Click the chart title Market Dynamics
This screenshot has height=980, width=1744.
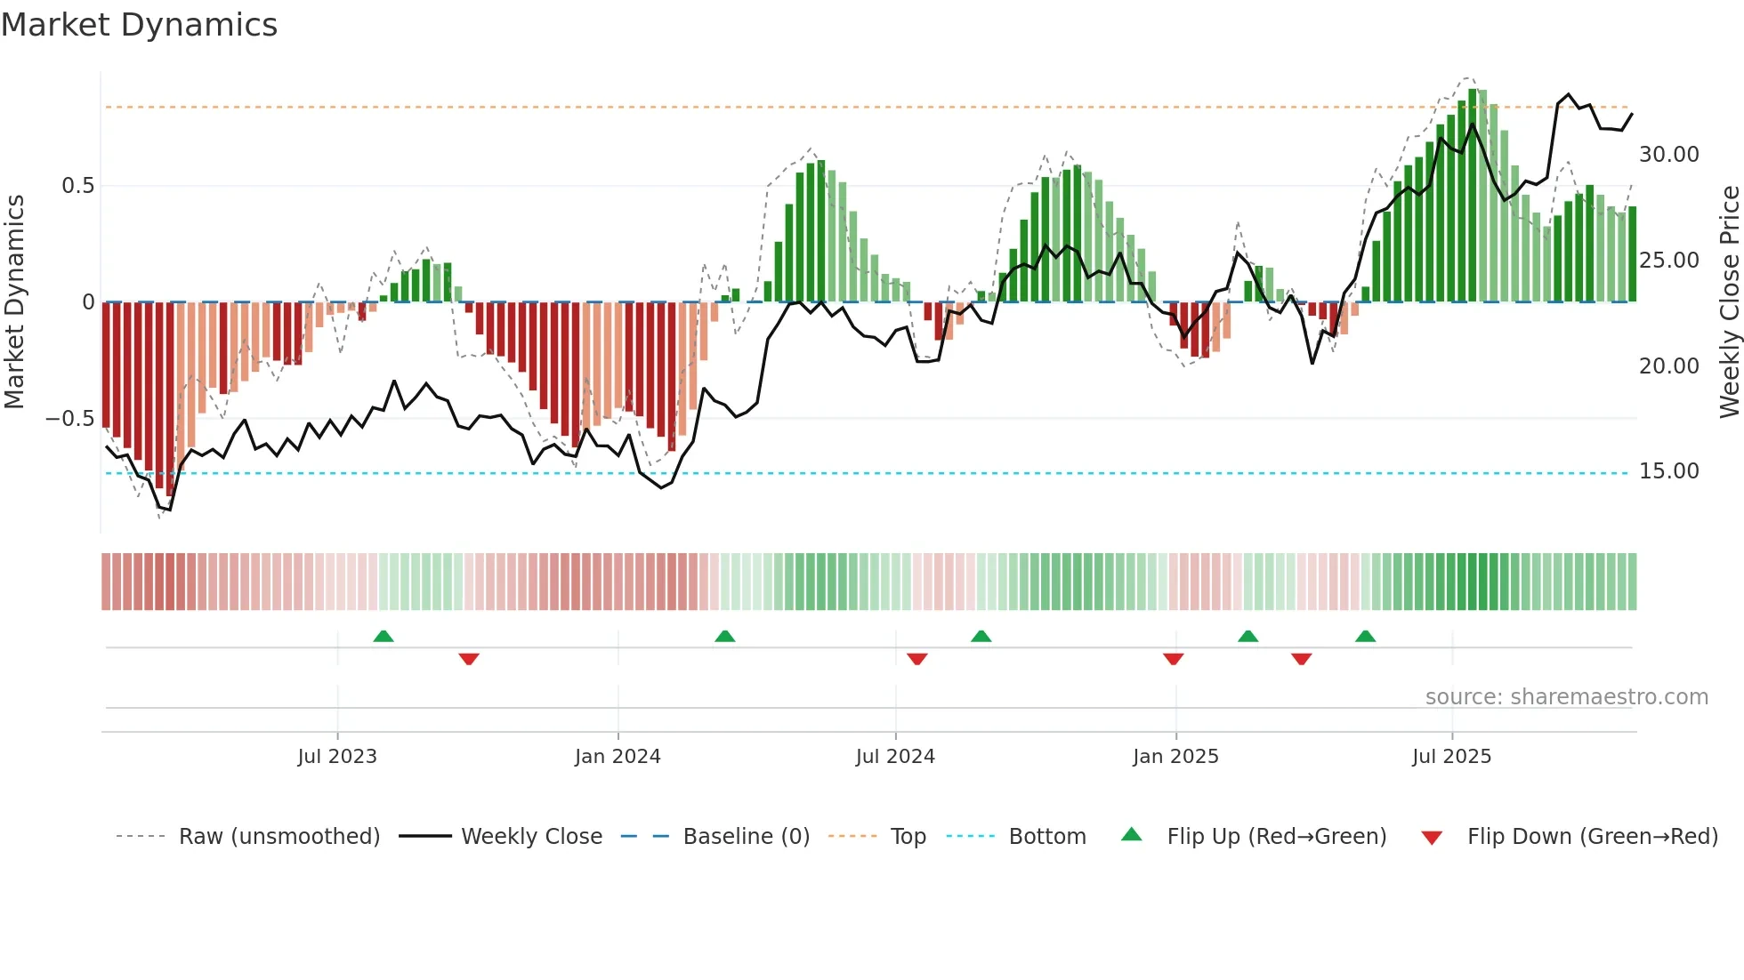[140, 25]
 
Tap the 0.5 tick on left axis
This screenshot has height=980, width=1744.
[77, 186]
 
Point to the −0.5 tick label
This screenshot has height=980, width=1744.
[69, 419]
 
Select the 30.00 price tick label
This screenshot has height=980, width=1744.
[1668, 155]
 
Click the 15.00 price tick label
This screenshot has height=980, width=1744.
[1668, 471]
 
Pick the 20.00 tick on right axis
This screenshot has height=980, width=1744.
[1668, 366]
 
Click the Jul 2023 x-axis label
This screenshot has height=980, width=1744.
[337, 757]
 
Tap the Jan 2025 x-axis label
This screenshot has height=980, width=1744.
[1175, 757]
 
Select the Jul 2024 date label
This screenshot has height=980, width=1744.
[895, 757]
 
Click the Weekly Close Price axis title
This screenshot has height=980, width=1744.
[1729, 302]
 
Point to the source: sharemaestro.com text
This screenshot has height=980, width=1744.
[1566, 697]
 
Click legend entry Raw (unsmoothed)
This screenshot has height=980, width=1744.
[279, 837]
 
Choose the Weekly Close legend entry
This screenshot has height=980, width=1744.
[531, 837]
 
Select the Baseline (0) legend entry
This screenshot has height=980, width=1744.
[746, 837]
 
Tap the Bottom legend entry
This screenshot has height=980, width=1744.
[1047, 837]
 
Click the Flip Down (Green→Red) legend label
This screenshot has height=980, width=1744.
[1592, 837]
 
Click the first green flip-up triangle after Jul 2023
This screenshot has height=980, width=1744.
[384, 637]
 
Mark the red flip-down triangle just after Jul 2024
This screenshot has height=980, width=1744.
[917, 659]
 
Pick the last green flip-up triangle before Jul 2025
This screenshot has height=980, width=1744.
[1365, 637]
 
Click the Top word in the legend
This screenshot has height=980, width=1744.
[908, 837]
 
